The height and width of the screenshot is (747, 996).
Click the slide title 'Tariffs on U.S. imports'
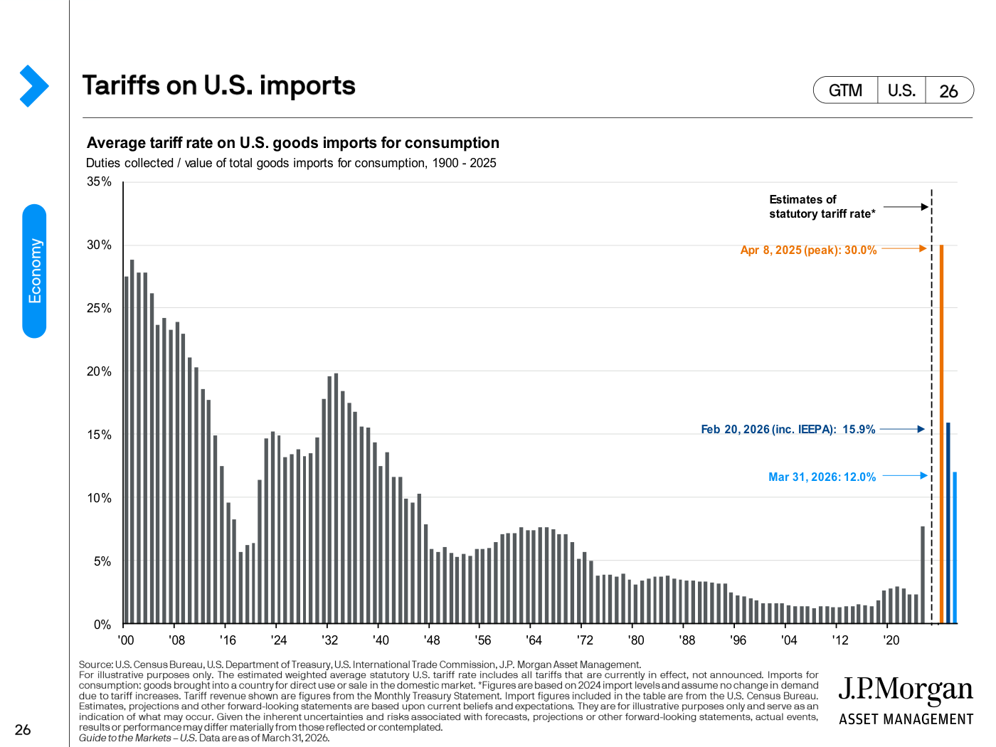pos(218,85)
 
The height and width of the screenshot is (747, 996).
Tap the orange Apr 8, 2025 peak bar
pos(941,434)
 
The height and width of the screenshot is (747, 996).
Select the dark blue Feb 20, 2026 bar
pos(948,523)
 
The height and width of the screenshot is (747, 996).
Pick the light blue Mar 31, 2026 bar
pos(955,548)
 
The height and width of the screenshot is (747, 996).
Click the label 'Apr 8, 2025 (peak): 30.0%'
pos(808,250)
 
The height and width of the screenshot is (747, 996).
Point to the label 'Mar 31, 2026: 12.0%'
pos(822,477)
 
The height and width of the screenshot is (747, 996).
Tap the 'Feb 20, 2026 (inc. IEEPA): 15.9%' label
pos(788,429)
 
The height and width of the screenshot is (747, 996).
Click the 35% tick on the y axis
pos(99,181)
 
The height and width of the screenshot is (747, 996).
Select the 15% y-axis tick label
pos(99,435)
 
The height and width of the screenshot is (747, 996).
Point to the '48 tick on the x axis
pos(432,640)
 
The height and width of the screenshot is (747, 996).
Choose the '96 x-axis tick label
pos(738,640)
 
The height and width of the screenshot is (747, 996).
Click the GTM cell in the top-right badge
pos(845,90)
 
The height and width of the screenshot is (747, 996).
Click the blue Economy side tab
pos(34,271)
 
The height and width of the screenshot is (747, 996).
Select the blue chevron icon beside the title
pos(34,85)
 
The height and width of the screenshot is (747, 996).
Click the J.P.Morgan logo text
pos(906,689)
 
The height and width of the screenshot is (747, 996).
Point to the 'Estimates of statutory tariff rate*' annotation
pos(822,206)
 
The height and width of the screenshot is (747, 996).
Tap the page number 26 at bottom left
pos(23,730)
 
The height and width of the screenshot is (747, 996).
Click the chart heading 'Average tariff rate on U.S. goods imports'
pos(292,143)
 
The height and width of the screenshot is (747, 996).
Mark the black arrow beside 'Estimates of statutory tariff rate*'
pos(906,207)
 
